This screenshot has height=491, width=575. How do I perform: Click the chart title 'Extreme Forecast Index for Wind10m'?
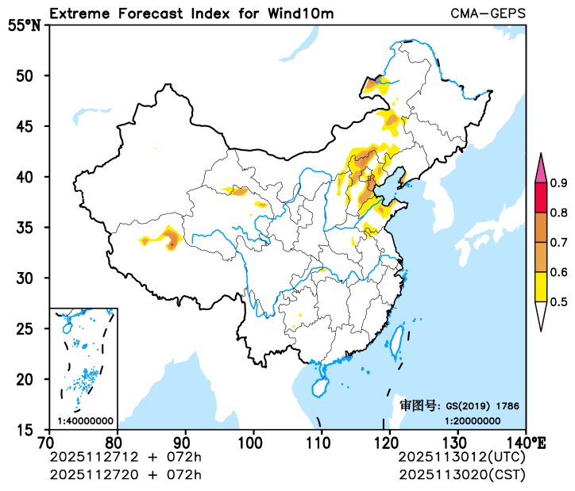191,13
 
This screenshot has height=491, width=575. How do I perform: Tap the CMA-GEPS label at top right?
487,13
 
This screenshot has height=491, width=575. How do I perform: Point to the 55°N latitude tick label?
24,25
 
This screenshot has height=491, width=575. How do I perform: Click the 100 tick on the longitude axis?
253,442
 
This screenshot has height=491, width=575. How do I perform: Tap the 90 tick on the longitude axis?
185,442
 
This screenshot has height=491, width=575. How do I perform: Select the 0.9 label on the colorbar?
559,183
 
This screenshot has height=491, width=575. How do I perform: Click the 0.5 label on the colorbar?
559,301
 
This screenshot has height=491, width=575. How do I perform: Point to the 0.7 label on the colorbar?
559,243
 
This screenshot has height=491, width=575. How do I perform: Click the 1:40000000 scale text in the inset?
84,420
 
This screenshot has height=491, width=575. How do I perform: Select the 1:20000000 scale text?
472,420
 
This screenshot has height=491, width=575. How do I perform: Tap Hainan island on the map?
318,388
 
